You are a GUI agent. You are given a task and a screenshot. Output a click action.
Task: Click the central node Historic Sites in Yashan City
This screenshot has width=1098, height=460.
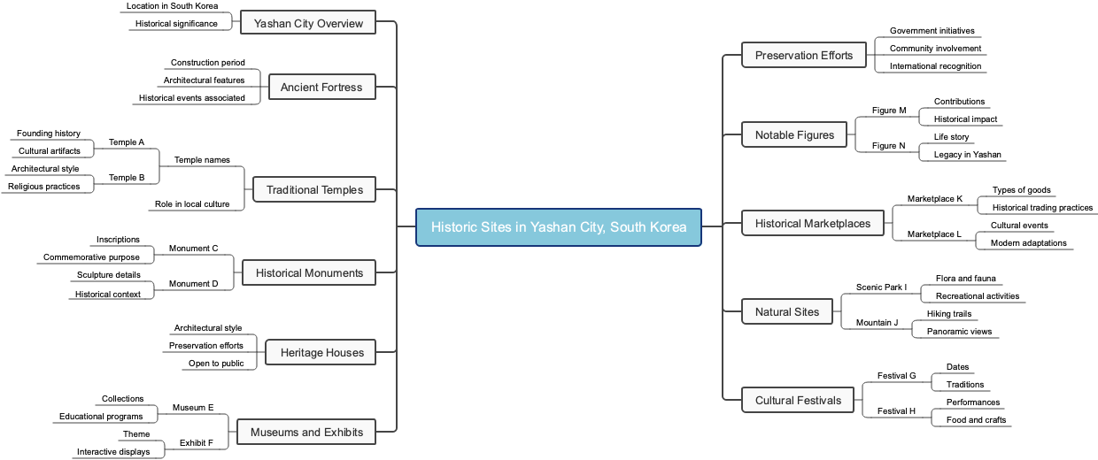(x=558, y=227)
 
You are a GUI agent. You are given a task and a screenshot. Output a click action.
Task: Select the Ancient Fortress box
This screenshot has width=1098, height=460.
(x=321, y=88)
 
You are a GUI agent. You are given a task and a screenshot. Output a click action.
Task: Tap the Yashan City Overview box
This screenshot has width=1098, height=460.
(x=308, y=23)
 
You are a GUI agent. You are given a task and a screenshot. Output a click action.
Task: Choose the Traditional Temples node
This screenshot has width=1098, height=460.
(x=314, y=189)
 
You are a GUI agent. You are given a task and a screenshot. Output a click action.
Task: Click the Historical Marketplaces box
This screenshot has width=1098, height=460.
(x=812, y=224)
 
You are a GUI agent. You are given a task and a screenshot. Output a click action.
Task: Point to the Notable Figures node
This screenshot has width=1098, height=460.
(x=794, y=135)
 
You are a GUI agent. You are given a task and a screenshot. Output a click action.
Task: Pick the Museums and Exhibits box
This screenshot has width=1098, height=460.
(x=306, y=433)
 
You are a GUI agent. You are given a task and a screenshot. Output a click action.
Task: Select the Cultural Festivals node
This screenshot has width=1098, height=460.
(x=798, y=401)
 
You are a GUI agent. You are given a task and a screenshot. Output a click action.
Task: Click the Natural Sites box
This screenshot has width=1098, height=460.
(x=786, y=312)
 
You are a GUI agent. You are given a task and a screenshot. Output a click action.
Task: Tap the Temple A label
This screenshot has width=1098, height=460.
(x=127, y=142)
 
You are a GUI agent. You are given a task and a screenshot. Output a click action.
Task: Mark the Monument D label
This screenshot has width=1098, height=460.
(x=193, y=284)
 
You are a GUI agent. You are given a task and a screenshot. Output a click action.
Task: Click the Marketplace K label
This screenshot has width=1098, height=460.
(x=934, y=199)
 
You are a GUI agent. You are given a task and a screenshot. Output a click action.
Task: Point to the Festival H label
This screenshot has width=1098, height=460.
(x=896, y=411)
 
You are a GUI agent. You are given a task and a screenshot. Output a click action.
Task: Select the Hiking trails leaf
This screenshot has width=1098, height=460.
(x=948, y=314)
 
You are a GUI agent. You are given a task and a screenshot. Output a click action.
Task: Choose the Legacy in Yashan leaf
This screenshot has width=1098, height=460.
(x=967, y=155)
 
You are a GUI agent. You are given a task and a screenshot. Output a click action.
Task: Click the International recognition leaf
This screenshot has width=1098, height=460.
(x=935, y=66)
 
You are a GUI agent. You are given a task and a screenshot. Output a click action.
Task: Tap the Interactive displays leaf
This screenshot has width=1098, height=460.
(x=120, y=452)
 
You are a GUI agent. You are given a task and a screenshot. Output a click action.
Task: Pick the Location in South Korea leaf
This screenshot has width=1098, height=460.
(x=172, y=6)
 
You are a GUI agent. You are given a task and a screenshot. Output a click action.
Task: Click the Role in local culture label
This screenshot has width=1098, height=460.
(x=192, y=204)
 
